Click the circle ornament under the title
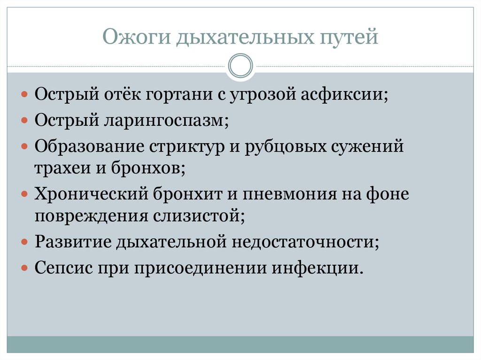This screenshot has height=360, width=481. [x=240, y=66]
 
